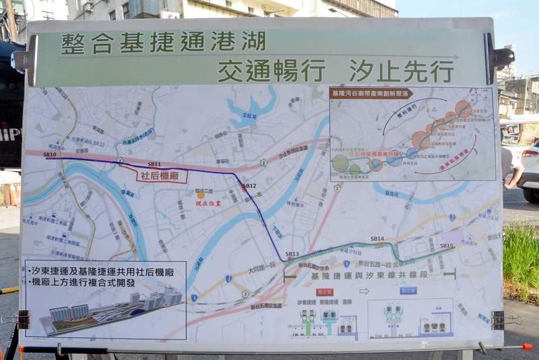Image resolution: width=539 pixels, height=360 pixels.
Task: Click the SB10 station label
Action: (50, 154)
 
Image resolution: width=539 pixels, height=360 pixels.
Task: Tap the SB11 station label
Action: (154, 164)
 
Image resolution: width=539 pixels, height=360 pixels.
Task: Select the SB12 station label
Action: (249, 185)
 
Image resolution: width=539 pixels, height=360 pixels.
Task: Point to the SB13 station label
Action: (292, 253)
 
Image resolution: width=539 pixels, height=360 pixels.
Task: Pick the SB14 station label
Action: (377, 239)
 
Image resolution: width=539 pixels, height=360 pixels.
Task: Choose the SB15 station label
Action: (447, 245)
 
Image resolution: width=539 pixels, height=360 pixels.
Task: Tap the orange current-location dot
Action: (200, 195)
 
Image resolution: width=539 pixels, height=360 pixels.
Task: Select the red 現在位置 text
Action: (208, 202)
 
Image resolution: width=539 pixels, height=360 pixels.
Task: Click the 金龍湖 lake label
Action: (249, 115)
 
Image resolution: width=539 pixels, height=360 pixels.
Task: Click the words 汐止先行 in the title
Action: (401, 70)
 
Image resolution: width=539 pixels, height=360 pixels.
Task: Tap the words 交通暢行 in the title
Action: (272, 70)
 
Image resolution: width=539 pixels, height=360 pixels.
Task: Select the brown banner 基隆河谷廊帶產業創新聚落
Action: (371, 93)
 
